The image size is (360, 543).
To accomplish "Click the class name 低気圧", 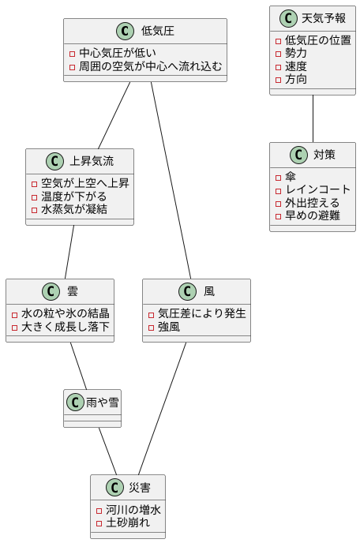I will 158,32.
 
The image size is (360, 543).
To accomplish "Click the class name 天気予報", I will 324,18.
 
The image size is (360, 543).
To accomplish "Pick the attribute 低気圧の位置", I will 317,40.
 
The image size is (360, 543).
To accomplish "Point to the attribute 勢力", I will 296,53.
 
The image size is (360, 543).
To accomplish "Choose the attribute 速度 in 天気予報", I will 296,66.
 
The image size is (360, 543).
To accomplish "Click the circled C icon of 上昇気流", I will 54,161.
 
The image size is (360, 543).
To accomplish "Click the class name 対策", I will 324,155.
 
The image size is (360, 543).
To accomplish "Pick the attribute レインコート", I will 317,189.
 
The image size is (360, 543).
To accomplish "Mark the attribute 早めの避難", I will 312,215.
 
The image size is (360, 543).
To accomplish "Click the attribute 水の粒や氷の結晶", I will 65,313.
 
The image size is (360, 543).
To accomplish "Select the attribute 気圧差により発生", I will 201,313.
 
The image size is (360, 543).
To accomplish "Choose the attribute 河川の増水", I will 133,510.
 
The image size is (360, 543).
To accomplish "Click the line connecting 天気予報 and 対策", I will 313,118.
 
